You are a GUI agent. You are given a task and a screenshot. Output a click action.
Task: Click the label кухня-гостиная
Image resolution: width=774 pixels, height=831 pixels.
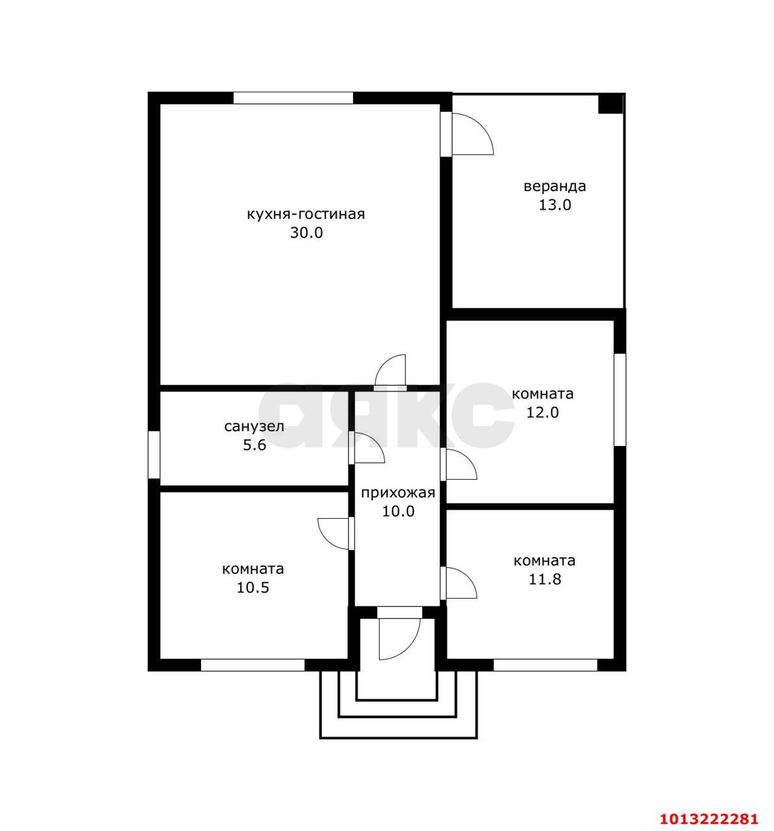306,215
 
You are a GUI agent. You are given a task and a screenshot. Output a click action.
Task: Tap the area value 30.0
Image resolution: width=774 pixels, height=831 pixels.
306,233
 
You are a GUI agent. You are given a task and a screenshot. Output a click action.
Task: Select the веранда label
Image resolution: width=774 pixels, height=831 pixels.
555,186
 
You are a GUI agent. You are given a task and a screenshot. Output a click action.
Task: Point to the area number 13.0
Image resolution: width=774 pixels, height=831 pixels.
555,205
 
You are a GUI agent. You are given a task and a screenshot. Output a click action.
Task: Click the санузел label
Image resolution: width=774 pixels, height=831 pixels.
254,427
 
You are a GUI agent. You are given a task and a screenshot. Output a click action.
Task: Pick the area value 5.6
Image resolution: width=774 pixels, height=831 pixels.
254,445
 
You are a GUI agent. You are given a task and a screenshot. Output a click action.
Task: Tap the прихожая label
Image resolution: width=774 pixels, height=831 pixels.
398,493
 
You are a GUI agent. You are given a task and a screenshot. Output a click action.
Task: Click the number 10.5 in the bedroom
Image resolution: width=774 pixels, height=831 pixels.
253,588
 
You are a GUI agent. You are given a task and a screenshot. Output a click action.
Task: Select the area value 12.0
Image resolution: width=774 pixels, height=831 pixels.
542,412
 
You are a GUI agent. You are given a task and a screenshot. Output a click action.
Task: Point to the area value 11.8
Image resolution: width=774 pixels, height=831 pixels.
544,579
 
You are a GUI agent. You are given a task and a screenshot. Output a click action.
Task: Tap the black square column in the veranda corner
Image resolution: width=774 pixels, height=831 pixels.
611,103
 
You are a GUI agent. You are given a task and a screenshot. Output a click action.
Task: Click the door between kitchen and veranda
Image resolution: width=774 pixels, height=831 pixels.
467,134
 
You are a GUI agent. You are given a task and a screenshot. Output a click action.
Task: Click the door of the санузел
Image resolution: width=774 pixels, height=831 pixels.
367,447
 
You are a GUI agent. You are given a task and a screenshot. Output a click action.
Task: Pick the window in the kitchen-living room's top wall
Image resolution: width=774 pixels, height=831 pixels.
293,98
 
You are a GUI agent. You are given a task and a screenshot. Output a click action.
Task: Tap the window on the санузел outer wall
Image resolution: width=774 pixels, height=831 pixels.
154,455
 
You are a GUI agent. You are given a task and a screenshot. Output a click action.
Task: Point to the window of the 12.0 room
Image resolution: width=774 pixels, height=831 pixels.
620,400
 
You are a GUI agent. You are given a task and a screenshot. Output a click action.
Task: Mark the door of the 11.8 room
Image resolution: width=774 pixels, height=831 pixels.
459,583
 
